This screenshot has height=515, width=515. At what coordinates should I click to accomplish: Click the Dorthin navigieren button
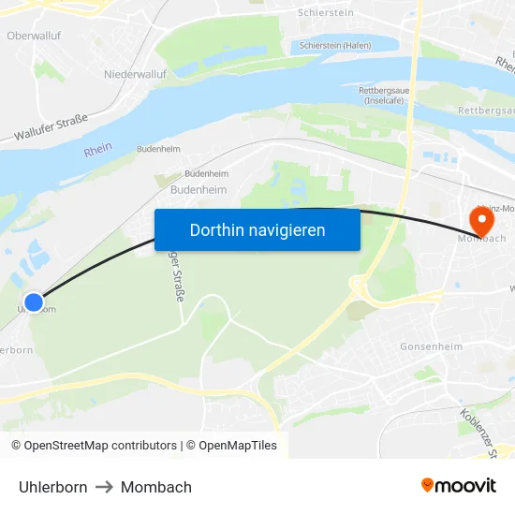pyautogui.click(x=257, y=229)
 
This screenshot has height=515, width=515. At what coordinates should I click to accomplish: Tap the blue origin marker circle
pyautogui.click(x=34, y=302)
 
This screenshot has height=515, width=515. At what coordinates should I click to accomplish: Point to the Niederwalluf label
pyautogui.click(x=135, y=72)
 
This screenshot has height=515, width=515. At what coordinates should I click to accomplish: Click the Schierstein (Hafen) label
pyautogui.click(x=335, y=45)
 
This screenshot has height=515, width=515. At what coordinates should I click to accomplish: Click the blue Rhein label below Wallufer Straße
pyautogui.click(x=97, y=149)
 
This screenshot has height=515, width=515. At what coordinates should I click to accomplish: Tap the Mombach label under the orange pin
pyautogui.click(x=481, y=240)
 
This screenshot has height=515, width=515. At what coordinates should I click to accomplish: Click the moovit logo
pyautogui.click(x=459, y=486)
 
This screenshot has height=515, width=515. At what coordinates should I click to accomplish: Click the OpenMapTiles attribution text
pyautogui.click(x=238, y=446)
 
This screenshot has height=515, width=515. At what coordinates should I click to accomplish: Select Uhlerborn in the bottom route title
pyautogui.click(x=53, y=487)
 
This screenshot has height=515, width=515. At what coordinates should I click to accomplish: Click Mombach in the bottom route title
pyautogui.click(x=156, y=487)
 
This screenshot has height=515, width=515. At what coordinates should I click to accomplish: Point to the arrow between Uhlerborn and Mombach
pyautogui.click(x=104, y=487)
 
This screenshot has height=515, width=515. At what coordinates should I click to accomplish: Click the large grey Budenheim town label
pyautogui.click(x=199, y=189)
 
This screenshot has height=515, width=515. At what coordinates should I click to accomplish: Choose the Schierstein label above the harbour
pyautogui.click(x=325, y=13)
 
